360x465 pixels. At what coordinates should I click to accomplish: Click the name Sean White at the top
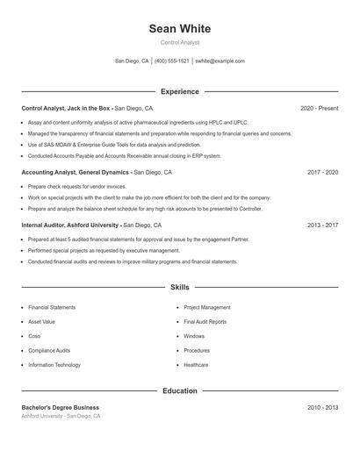(x=180, y=29)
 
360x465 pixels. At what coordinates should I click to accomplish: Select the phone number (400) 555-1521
(x=171, y=61)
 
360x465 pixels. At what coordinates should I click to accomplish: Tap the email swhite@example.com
(x=220, y=61)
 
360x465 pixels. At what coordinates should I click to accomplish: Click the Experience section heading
(x=180, y=91)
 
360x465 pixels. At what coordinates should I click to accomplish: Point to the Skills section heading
(x=180, y=287)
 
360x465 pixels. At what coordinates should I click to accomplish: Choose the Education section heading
(x=180, y=390)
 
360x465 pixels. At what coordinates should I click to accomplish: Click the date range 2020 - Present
(x=319, y=108)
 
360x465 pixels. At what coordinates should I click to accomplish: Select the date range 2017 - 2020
(x=322, y=173)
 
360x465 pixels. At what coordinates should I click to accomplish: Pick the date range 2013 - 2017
(x=322, y=225)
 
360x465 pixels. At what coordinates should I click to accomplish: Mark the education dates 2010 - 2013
(x=322, y=407)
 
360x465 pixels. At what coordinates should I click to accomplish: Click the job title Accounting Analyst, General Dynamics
(x=76, y=173)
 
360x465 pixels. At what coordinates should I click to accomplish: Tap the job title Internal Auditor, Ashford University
(x=69, y=225)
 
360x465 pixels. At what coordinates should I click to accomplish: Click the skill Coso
(x=34, y=336)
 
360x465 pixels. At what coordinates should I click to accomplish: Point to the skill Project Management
(x=207, y=308)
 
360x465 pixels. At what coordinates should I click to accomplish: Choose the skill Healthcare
(x=196, y=364)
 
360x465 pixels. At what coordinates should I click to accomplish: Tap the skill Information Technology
(x=54, y=364)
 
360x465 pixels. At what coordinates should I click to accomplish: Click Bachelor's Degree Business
(x=61, y=407)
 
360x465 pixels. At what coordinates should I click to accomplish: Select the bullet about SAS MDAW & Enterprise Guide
(x=114, y=145)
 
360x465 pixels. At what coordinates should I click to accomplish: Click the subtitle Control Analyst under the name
(x=180, y=42)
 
